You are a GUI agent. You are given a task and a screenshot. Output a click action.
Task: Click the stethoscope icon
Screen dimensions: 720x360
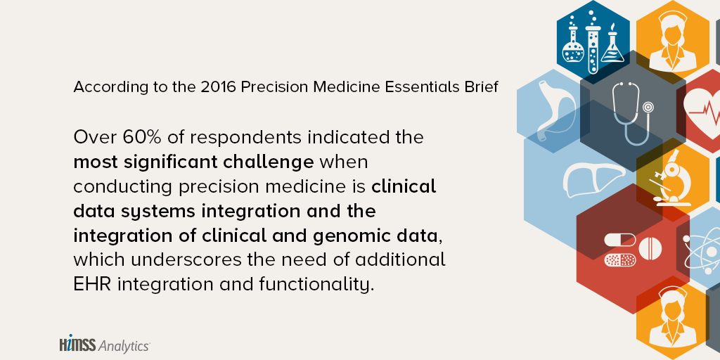click(x=631, y=112)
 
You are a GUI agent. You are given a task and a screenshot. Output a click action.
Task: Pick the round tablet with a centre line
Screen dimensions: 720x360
click(x=650, y=248)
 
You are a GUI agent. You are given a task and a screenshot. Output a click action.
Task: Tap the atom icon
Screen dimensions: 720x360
click(x=702, y=252)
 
